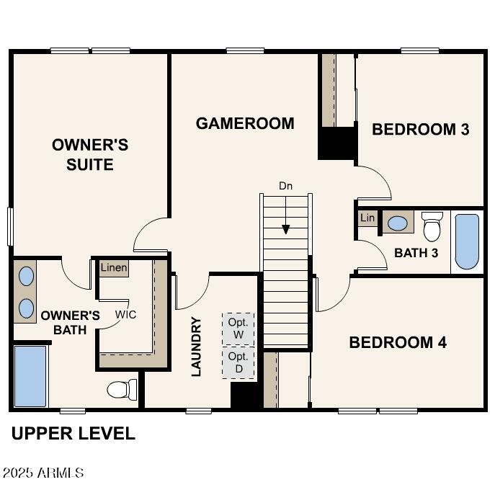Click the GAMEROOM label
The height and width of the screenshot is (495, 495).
pos(245,123)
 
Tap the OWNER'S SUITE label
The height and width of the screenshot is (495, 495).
pos(90,154)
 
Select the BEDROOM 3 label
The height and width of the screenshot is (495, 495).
pos(420,130)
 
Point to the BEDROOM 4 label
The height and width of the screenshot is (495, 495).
pos(398,342)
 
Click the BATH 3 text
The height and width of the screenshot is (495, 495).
pos(416,253)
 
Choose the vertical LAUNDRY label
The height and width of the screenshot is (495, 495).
pos(196,347)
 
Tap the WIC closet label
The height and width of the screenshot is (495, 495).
pos(126,315)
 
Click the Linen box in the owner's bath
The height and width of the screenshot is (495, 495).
pos(114,268)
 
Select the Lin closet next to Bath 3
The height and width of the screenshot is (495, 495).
pos(367,218)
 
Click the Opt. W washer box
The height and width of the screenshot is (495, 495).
pos(238,328)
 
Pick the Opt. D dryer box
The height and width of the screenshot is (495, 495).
pos(238,362)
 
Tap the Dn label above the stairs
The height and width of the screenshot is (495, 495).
pos(286,186)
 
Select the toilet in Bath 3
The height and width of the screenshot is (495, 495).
pos(432,227)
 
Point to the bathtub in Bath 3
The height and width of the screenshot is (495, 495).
pos(467,241)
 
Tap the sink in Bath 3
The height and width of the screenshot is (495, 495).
pos(397,222)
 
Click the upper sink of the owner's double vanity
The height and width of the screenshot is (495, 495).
pos(26,276)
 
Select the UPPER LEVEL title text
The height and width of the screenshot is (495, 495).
pos(73,434)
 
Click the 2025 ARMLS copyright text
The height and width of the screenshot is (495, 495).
pos(43,473)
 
